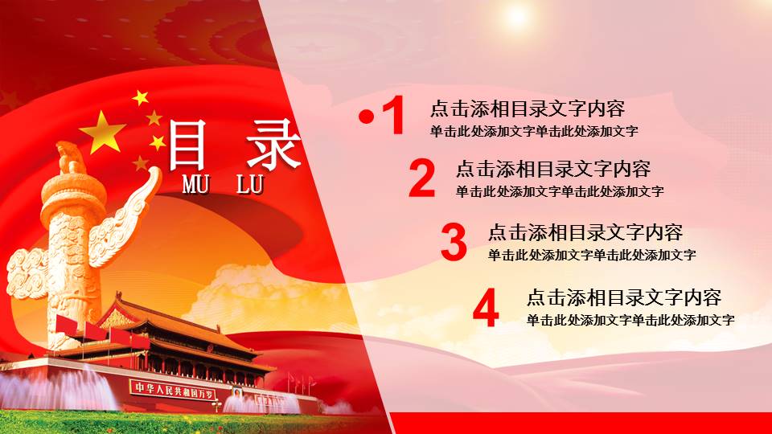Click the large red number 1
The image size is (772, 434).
click(x=393, y=116)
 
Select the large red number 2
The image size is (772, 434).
click(x=421, y=178)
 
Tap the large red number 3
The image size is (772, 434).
click(x=454, y=243)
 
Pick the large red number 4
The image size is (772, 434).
click(x=486, y=308)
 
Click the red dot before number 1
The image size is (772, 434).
click(x=367, y=117)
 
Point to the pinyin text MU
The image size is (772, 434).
click(x=196, y=184)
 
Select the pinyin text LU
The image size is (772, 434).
click(x=250, y=184)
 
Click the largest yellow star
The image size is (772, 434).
click(x=104, y=132)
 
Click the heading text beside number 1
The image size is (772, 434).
click(x=528, y=108)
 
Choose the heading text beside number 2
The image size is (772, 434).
click(x=553, y=170)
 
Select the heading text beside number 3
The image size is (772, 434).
click(x=585, y=233)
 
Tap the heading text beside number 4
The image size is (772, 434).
click(x=624, y=298)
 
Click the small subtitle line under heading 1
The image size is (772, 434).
click(x=534, y=131)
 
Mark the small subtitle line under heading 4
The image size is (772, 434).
click(x=630, y=320)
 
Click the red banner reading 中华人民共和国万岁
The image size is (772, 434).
click(x=175, y=389)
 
